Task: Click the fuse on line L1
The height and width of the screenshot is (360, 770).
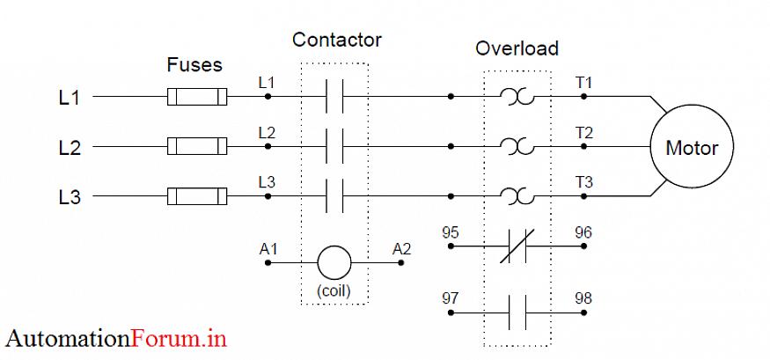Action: click(197, 97)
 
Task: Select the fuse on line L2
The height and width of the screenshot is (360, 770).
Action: click(197, 146)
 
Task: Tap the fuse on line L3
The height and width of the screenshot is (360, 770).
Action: click(197, 196)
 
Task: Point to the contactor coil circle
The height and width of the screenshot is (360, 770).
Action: click(334, 262)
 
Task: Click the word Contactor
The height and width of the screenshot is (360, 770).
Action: click(337, 40)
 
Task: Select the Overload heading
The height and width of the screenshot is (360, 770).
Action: click(517, 48)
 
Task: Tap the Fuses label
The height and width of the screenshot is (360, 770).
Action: click(194, 65)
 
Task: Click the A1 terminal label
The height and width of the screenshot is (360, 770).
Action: click(268, 249)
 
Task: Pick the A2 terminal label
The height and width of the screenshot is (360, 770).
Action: click(401, 249)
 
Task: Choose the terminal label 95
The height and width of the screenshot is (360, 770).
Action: click(450, 233)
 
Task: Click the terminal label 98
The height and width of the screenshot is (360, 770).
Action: click(583, 298)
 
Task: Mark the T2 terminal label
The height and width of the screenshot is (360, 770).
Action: click(583, 133)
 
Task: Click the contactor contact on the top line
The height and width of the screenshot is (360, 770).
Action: click(334, 97)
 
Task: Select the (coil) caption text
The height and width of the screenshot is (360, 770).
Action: click(334, 291)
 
